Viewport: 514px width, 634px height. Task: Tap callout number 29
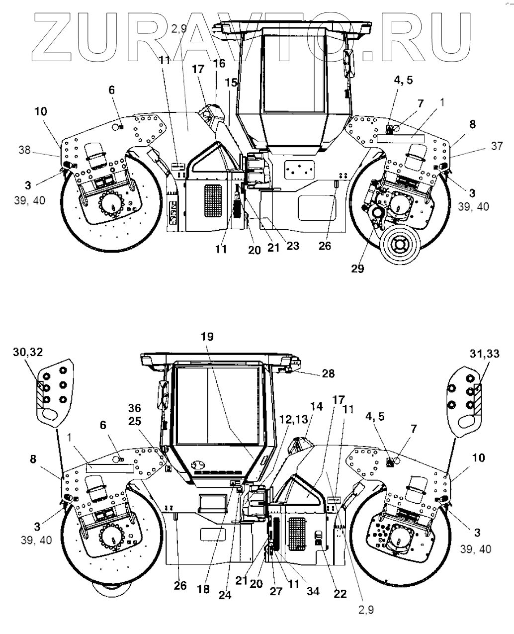coord(357,269)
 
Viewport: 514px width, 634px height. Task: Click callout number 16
coord(219,64)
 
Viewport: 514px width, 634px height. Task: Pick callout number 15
coord(231,83)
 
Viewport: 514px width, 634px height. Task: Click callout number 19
coord(207,337)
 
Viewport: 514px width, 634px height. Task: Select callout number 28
coord(328,373)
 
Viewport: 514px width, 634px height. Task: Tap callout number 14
coord(317,407)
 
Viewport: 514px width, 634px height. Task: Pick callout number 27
coord(276,591)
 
